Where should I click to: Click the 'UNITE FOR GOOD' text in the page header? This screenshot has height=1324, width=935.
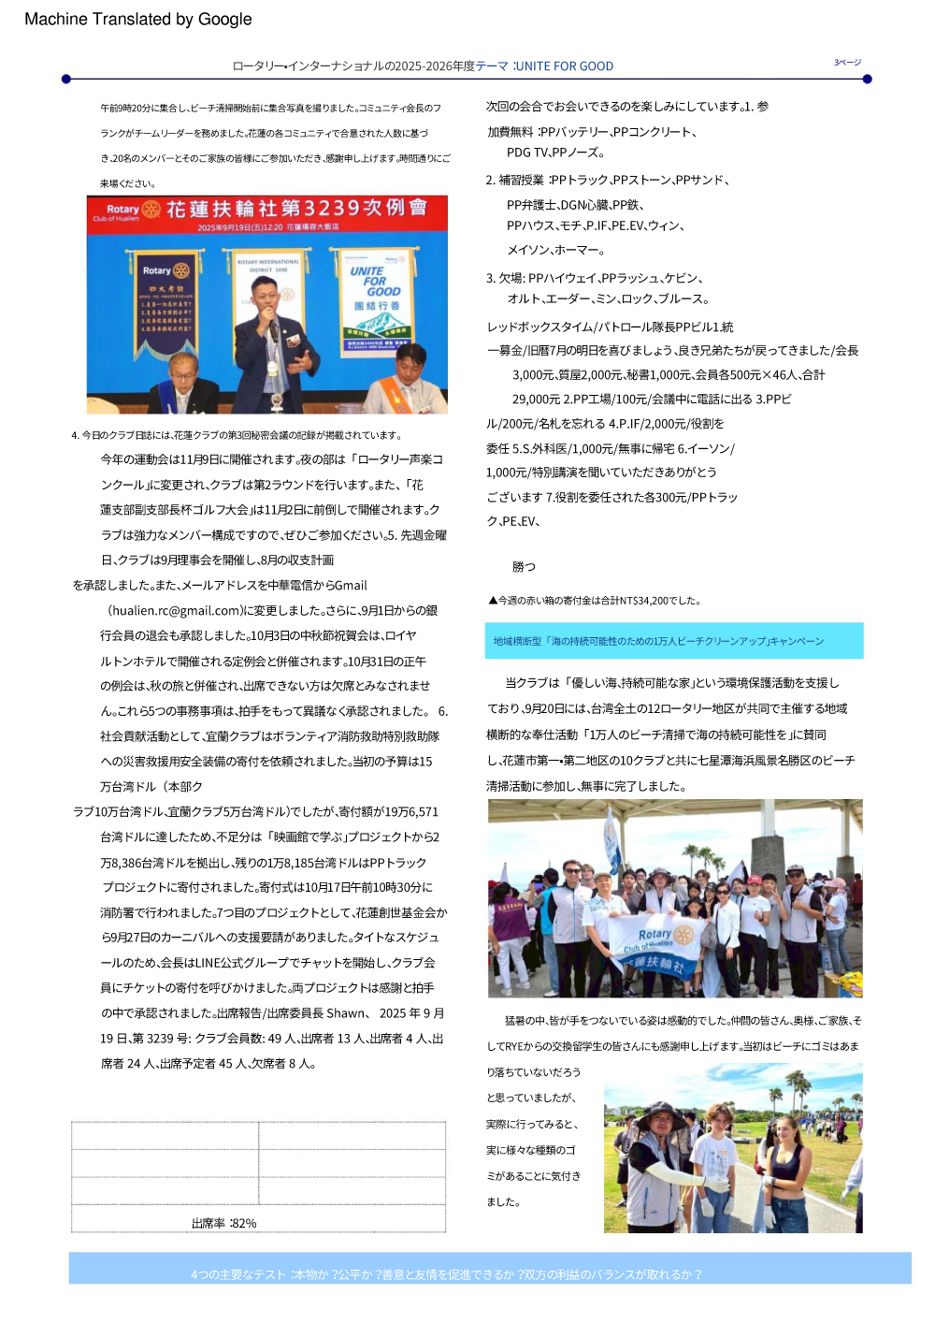pyautogui.click(x=564, y=66)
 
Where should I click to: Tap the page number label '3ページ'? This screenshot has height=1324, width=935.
pyautogui.click(x=847, y=63)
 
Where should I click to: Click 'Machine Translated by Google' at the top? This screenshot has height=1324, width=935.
pyautogui.click(x=137, y=19)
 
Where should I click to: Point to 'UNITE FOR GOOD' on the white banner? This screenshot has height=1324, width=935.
pyautogui.click(x=376, y=281)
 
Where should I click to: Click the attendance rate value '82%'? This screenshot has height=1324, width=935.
pyautogui.click(x=244, y=1223)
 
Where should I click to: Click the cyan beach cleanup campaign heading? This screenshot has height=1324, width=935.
pyautogui.click(x=673, y=641)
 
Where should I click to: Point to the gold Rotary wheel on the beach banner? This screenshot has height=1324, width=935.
pyautogui.click(x=683, y=935)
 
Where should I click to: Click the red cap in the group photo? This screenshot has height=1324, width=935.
pyautogui.click(x=754, y=880)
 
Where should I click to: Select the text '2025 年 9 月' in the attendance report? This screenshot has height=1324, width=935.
pyautogui.click(x=411, y=1013)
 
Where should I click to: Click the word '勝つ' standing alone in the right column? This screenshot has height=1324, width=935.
pyautogui.click(x=524, y=567)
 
